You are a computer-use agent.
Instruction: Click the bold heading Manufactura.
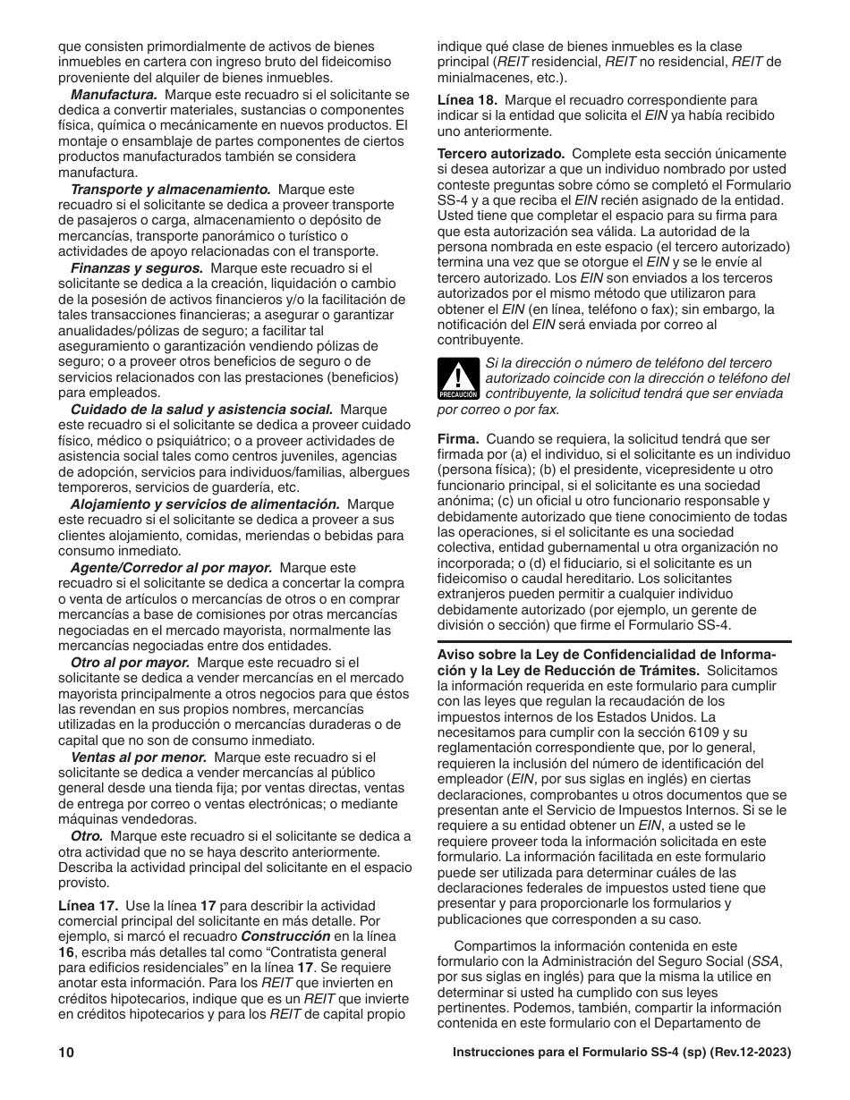[114, 94]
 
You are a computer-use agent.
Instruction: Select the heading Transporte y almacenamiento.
[171, 190]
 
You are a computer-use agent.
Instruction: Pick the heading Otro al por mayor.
[130, 663]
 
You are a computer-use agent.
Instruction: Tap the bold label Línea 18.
[466, 100]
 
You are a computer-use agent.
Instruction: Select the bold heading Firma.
[458, 439]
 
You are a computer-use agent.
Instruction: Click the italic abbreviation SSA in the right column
[763, 961]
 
